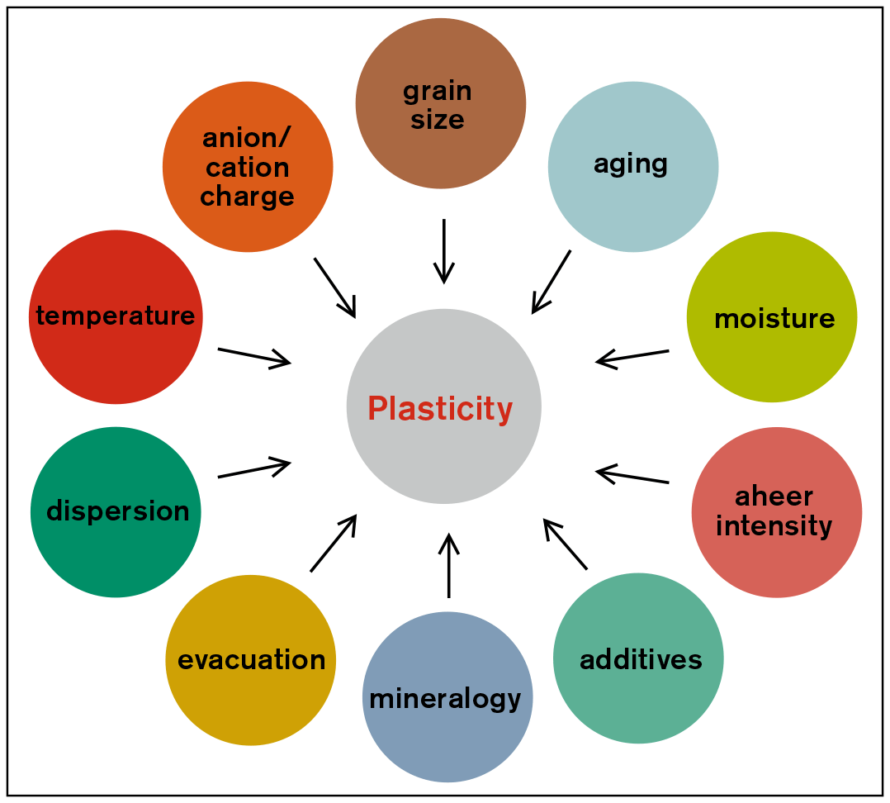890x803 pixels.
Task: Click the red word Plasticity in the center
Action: [440, 409]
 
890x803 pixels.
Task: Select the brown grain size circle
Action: [440, 103]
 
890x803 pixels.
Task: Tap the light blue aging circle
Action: [632, 166]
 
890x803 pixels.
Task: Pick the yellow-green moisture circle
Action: [771, 317]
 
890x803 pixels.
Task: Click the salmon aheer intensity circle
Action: [776, 512]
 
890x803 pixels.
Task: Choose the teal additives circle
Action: [638, 658]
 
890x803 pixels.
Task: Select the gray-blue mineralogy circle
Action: [447, 697]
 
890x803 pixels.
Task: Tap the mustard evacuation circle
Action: [251, 659]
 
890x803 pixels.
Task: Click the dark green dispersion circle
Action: [116, 511]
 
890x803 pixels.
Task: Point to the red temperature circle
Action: [116, 316]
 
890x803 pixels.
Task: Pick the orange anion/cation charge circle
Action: [248, 167]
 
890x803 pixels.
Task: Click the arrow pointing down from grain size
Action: [444, 250]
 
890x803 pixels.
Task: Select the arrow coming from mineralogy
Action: [448, 566]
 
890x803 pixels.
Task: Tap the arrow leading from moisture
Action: [632, 357]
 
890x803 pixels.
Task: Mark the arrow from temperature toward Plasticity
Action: [254, 356]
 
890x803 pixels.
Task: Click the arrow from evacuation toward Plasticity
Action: [334, 543]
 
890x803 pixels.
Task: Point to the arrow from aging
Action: [551, 282]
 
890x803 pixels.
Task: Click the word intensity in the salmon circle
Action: [774, 526]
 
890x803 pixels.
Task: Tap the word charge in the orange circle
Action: [247, 197]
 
